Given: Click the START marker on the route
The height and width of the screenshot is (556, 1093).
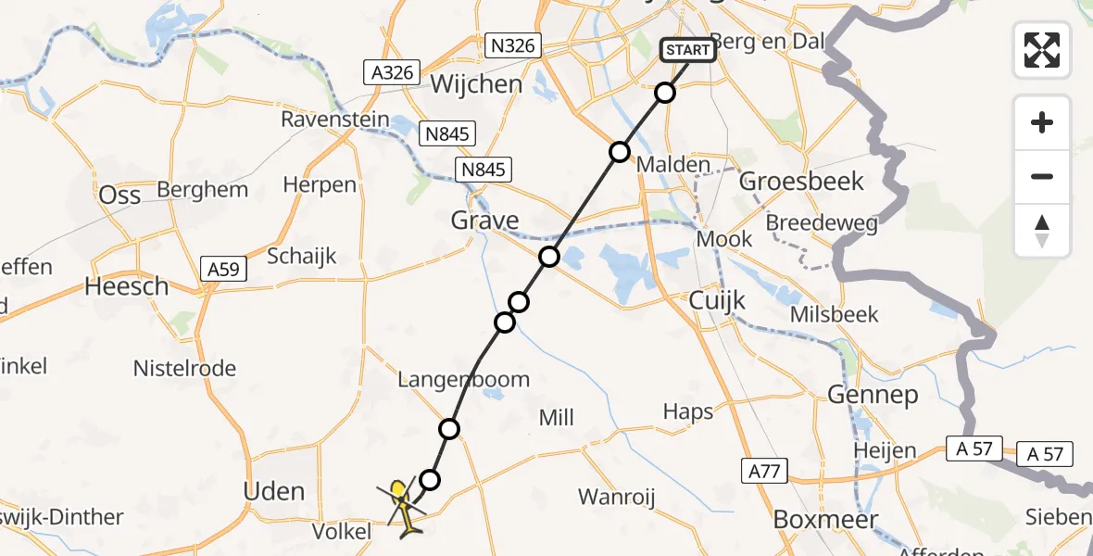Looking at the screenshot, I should coord(688,49).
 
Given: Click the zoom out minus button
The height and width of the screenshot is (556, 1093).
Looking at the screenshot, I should coord(1042,176).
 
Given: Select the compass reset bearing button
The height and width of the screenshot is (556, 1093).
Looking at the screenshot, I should coord(1042,230).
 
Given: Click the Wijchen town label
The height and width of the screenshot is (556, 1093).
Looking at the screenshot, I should coord(477,84).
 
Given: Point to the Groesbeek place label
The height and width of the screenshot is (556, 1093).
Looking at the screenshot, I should coord(802,181).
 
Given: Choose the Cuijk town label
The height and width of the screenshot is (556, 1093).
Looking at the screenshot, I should coord(717,300).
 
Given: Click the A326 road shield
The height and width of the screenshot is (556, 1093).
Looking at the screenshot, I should coord(393,72).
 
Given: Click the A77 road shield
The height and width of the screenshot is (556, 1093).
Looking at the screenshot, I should coord(764,473).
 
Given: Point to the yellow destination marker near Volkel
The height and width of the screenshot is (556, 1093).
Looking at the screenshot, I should coord(399,491).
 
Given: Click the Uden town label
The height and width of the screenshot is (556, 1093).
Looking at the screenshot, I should coord(273,490).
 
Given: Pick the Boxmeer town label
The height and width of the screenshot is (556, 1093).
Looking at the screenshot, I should coord(811,520).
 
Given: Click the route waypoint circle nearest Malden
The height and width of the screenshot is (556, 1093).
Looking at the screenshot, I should coord(619,152).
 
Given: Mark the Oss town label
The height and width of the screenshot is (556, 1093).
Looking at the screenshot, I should coord(119,194).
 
